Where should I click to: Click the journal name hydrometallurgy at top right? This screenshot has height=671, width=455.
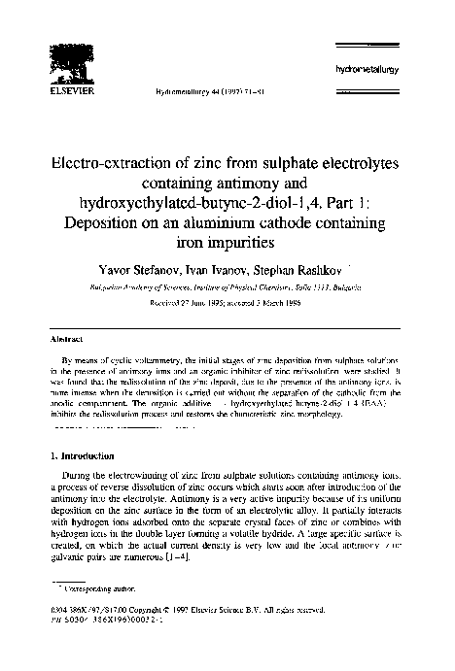tap(385, 71)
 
